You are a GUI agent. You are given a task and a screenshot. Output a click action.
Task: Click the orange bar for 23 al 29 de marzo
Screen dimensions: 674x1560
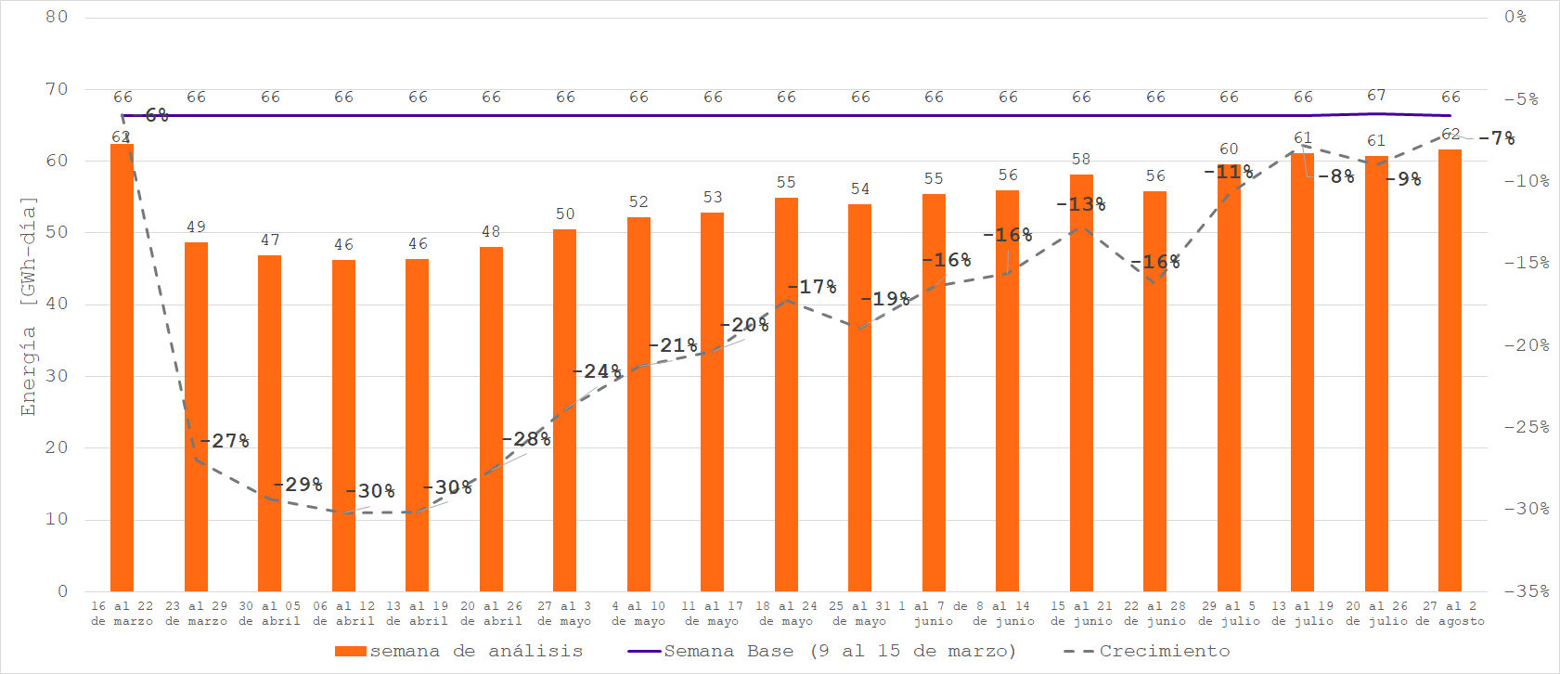tap(196, 418)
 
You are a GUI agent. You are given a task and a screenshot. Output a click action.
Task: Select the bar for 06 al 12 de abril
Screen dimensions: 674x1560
tap(343, 427)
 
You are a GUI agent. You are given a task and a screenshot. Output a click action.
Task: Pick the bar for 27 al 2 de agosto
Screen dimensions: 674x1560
tap(1450, 371)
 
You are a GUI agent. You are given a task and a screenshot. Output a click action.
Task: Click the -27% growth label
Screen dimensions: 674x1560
tap(225, 441)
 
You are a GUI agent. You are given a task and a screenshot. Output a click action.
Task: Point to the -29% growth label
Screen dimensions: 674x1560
tap(298, 485)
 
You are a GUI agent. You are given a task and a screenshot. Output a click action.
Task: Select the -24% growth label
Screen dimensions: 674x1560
tap(597, 371)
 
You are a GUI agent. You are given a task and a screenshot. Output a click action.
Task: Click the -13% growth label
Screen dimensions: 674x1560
tap(1080, 204)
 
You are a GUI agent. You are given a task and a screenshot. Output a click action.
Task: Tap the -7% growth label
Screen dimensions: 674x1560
tap(1496, 138)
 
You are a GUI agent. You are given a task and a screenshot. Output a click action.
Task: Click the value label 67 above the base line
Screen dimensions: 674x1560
tap(1376, 96)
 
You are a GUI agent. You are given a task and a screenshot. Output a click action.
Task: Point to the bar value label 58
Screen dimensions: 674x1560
tap(1081, 160)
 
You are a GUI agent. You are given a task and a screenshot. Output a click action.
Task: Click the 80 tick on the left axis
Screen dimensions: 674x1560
tap(57, 17)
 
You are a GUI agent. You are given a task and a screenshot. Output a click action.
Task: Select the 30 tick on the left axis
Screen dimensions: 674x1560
tap(57, 376)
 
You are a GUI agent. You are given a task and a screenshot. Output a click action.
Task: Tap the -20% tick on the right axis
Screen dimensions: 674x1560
tap(1527, 345)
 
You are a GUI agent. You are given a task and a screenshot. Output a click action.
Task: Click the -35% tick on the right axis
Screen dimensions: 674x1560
tap(1527, 591)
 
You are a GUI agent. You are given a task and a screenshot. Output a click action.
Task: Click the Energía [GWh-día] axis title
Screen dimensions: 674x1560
tap(29, 306)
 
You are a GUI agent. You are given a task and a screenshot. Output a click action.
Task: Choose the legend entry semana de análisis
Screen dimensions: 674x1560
tap(459, 652)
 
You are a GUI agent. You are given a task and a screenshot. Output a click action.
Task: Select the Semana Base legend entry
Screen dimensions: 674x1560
tap(822, 652)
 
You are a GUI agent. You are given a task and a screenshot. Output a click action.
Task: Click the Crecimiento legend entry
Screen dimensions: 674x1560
tap(1147, 652)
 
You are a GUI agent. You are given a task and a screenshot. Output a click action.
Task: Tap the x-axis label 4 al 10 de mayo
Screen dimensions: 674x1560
tap(639, 614)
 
